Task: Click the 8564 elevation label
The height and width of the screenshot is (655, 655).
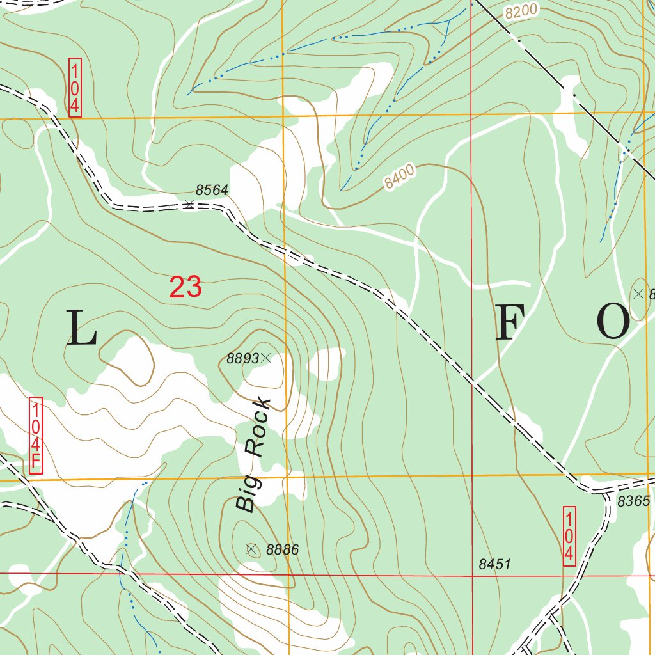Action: pos(212,190)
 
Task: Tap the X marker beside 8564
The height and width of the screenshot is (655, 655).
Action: pos(189,204)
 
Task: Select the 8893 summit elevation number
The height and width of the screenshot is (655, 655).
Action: pos(243,359)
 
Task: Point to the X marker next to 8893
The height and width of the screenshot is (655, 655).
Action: pos(266,358)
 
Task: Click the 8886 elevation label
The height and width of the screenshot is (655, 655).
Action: pos(282,549)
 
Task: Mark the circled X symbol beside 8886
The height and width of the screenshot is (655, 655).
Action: pos(251,549)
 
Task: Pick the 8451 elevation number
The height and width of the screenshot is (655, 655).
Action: pos(494,564)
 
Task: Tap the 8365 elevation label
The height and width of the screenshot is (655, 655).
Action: pos(633,501)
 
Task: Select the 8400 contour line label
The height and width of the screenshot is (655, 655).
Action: pos(400,177)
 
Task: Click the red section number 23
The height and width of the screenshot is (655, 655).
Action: pos(185,287)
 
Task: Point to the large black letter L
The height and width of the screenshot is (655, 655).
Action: pos(81,327)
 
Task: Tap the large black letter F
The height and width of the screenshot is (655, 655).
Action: pos(510,322)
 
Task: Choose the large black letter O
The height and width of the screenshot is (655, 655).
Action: pos(613,322)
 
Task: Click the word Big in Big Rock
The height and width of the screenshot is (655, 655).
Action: pos(246,491)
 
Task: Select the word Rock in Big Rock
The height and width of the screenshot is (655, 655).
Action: pos(258,427)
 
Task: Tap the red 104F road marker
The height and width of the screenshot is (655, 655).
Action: pos(36,436)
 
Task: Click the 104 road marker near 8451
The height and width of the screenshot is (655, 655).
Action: pos(569,536)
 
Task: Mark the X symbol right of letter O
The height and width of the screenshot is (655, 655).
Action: pos(638,294)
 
